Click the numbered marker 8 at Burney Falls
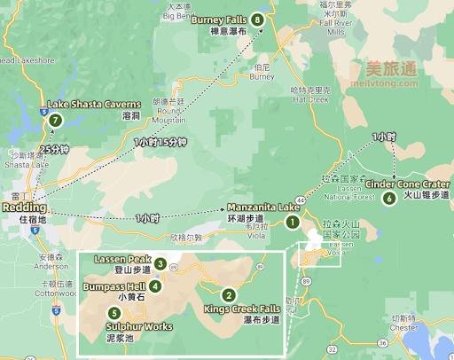click(257, 20)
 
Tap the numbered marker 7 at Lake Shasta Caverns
click(56, 121)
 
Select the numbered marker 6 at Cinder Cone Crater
click(388, 198)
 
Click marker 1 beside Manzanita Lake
click(293, 222)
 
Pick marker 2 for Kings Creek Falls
click(229, 295)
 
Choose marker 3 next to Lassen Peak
click(160, 262)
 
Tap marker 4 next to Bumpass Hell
click(155, 286)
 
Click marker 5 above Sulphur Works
click(114, 312)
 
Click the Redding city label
click(19, 207)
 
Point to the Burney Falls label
click(219, 19)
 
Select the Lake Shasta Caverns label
click(93, 105)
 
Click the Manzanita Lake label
click(263, 207)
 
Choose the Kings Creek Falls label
click(241, 309)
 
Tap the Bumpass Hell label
click(116, 287)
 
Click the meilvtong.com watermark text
click(391, 86)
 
